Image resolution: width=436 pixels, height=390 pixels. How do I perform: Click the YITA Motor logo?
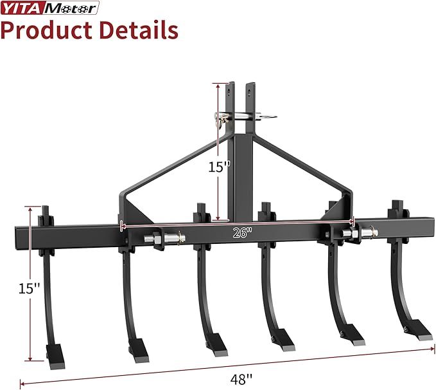(50, 8)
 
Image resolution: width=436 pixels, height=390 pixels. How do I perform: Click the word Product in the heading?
(46, 30)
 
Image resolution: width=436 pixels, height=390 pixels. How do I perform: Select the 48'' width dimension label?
(241, 379)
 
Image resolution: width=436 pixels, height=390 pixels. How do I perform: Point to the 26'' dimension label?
(243, 232)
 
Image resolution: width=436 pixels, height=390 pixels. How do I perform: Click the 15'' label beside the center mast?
(220, 167)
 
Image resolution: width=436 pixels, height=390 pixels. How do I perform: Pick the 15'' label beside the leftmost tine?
(29, 288)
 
